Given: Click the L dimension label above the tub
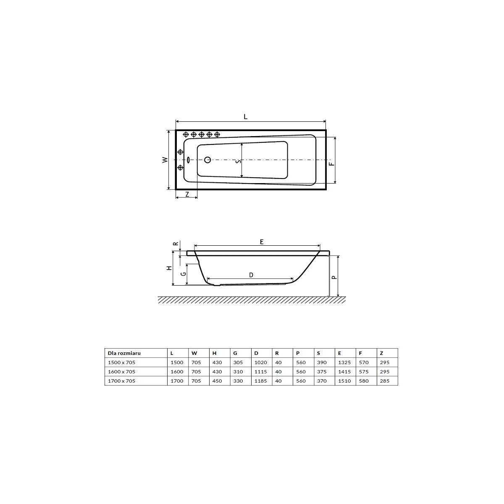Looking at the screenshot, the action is click(245, 117).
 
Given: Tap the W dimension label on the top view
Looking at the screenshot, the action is click(165, 160).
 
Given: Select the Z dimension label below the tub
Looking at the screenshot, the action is click(187, 194).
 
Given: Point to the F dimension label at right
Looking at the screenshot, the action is click(331, 164).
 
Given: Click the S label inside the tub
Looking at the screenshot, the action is click(238, 162).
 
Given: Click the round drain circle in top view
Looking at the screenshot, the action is click(207, 160).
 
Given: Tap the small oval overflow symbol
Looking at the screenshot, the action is click(189, 160).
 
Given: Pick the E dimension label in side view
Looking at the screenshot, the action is click(262, 242).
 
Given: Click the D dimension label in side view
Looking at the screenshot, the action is click(251, 275).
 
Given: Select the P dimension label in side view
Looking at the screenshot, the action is click(334, 277).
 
